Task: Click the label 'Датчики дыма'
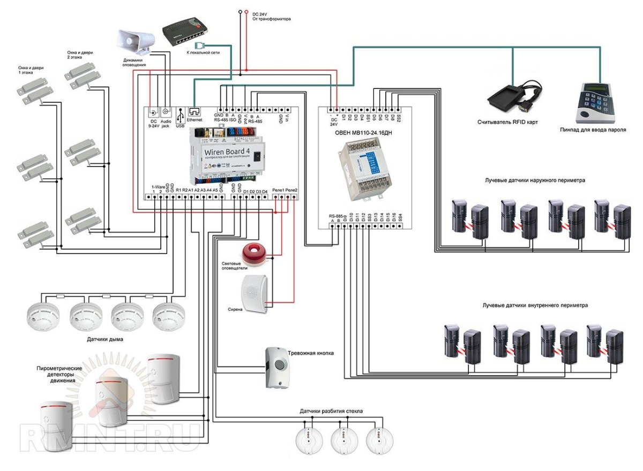coord(107,339)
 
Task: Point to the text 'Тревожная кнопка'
coord(311,354)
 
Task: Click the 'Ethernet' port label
coord(195,121)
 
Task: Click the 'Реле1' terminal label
coord(278,190)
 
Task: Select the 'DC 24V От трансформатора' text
coord(271,15)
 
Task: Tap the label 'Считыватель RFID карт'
coord(507,122)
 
